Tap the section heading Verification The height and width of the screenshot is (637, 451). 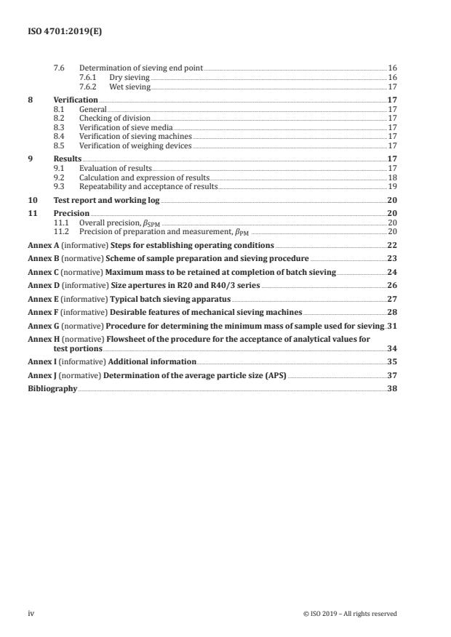click(x=76, y=100)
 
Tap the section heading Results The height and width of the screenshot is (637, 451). click(x=68, y=159)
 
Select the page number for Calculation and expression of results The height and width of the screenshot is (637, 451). click(x=392, y=177)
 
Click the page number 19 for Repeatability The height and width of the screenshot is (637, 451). click(x=392, y=187)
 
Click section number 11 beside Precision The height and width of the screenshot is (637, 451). click(x=32, y=214)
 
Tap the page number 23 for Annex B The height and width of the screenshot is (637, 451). click(x=392, y=258)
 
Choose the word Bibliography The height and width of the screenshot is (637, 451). click(x=52, y=389)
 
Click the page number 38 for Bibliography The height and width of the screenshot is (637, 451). click(x=392, y=389)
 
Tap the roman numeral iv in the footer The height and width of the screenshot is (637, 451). click(x=31, y=614)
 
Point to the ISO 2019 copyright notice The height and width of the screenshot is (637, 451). click(x=349, y=614)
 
